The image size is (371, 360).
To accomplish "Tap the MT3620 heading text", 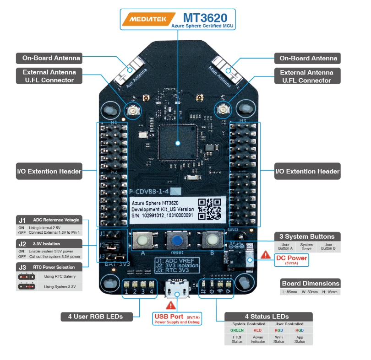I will pos(205,18).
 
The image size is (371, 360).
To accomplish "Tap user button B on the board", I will pos(211,240).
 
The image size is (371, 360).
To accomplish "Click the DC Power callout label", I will pos(292,259).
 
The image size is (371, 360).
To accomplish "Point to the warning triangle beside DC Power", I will pos(265,255).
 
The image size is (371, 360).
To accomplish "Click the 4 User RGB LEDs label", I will pos(97,316).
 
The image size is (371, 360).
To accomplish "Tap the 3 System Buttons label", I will pos(310,236).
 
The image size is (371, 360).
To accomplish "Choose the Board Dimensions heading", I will pos(310,283).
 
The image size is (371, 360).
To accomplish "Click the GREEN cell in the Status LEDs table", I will pos(237,330).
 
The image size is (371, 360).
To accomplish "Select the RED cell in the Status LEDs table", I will pos(257,330).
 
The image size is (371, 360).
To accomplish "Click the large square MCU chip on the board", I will pos(177,142).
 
